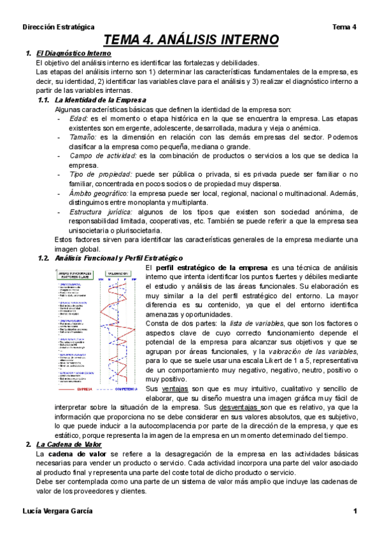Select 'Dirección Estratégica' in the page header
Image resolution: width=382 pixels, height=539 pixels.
(x=58, y=27)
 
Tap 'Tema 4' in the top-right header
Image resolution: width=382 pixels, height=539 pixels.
(x=344, y=27)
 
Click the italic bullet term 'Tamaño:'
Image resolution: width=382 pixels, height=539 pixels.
(x=84, y=137)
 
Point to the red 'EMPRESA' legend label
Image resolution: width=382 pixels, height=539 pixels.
(x=84, y=388)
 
